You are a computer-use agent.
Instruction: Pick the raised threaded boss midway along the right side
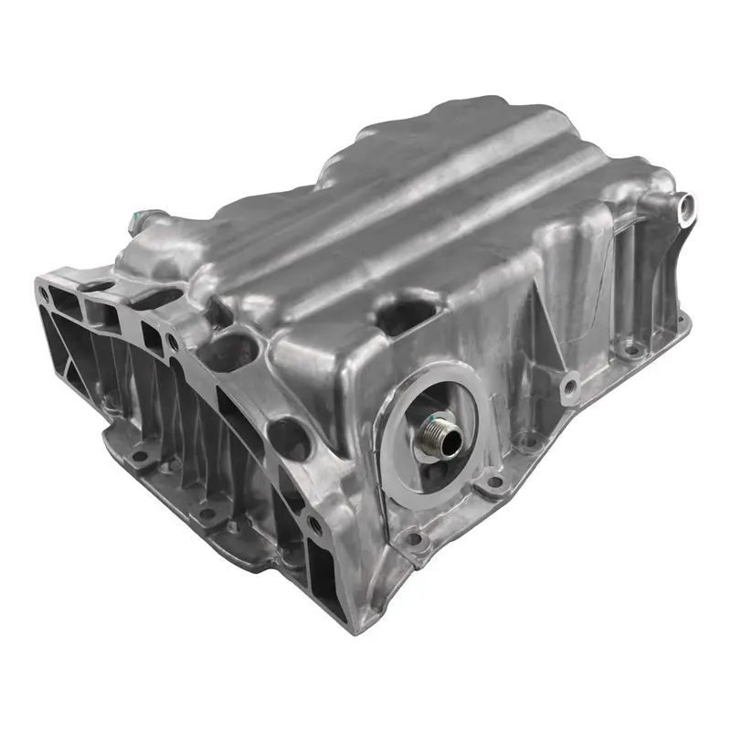click(569, 387)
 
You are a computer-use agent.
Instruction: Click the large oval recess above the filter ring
click(403, 316)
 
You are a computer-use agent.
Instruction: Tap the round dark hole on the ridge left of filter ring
click(291, 438)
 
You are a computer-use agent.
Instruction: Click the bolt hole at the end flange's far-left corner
click(43, 294)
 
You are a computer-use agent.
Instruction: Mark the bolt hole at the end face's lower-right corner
click(315, 524)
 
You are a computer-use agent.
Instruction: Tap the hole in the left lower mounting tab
click(136, 456)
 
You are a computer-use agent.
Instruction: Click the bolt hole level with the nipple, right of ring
click(494, 481)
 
